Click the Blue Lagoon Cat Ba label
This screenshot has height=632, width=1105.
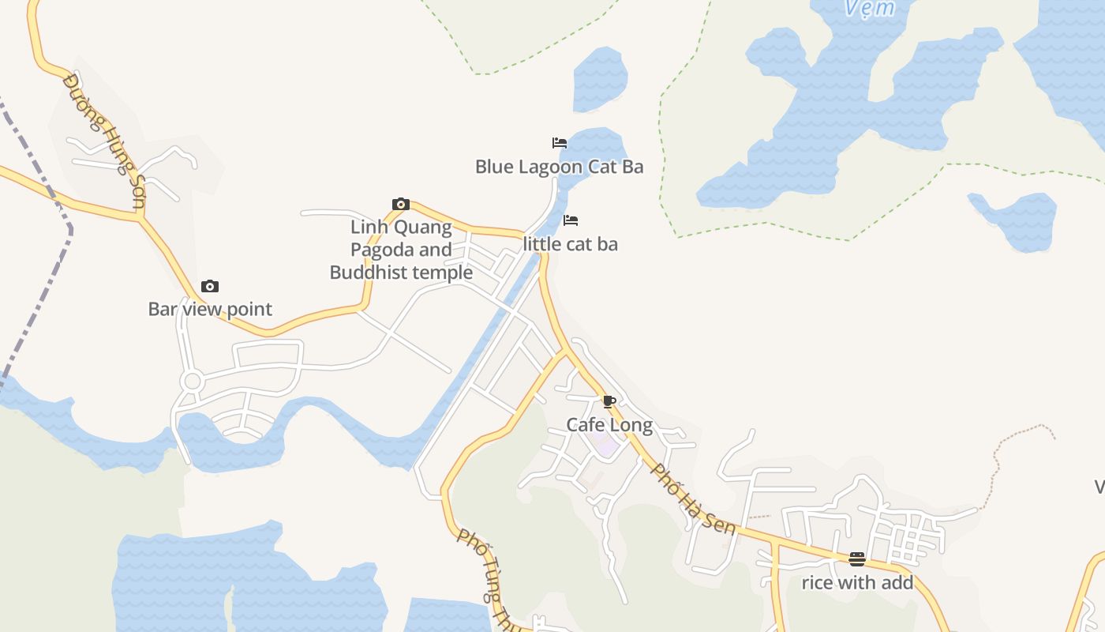[559, 167]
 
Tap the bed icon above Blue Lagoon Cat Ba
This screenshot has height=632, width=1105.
[560, 143]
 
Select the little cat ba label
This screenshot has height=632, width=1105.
[570, 244]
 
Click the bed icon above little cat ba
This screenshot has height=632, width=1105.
[571, 220]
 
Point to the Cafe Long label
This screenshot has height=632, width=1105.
[609, 425]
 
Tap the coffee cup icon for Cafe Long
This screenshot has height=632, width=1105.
[609, 401]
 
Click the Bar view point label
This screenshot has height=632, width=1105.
[210, 309]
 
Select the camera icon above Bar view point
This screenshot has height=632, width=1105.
[210, 286]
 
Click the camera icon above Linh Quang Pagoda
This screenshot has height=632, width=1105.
[401, 205]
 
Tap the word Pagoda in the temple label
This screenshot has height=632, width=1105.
[380, 250]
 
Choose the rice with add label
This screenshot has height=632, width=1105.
[857, 583]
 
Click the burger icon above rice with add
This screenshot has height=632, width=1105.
[857, 559]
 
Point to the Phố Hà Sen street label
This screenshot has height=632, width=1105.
[693, 499]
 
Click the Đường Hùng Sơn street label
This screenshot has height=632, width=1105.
[105, 142]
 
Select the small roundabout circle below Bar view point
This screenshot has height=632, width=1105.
[192, 382]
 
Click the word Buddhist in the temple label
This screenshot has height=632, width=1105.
[367, 273]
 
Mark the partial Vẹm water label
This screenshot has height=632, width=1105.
[869, 8]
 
